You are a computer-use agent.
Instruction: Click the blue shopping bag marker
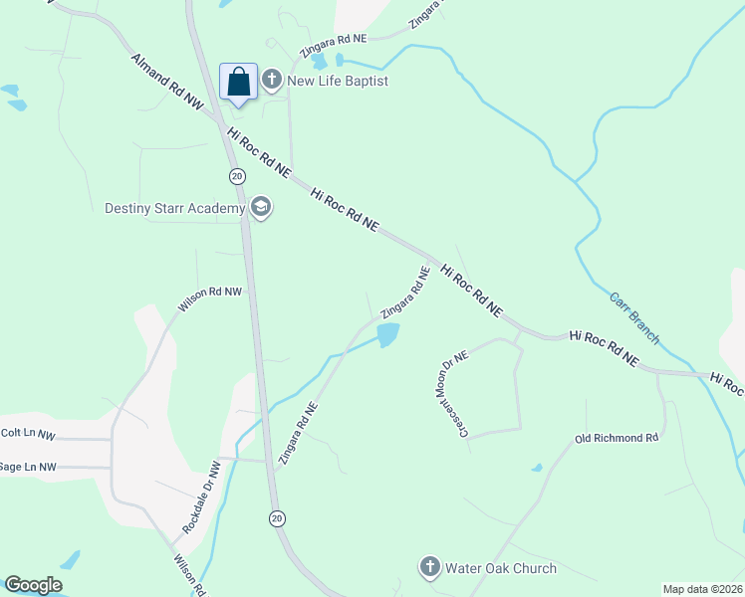(239, 82)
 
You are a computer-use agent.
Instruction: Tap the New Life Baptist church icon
(272, 81)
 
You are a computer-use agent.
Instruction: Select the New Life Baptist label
(338, 81)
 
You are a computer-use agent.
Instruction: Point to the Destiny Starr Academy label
(175, 208)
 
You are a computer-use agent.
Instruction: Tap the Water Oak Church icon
(430, 568)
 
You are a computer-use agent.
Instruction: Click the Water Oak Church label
(501, 568)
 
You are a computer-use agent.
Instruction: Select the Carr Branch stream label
(633, 317)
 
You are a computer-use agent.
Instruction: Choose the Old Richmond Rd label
(617, 438)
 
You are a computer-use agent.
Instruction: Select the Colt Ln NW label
(28, 434)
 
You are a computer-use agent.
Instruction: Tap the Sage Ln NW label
(28, 466)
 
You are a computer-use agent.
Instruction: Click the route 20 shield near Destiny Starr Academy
(236, 176)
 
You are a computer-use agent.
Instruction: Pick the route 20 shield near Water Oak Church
(276, 518)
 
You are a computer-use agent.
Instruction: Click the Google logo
(33, 585)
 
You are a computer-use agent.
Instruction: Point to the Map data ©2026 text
(702, 589)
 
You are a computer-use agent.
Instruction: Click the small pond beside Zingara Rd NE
(387, 335)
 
